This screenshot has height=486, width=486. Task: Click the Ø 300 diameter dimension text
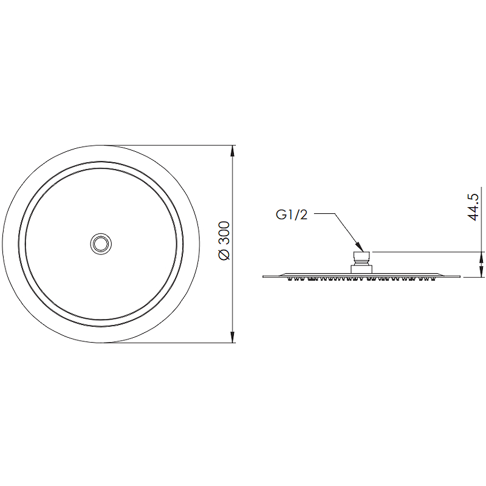coord(224,241)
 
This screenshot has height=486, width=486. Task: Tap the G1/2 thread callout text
coord(292,214)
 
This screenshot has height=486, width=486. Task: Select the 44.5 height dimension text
coord(473,207)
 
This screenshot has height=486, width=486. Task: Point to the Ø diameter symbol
coord(224,255)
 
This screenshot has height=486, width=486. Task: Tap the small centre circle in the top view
coord(101,244)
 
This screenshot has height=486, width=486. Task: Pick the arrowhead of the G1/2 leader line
coord(360,247)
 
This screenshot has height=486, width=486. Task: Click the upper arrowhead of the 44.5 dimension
coord(481,257)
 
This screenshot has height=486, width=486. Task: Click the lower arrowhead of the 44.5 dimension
coord(481,272)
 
